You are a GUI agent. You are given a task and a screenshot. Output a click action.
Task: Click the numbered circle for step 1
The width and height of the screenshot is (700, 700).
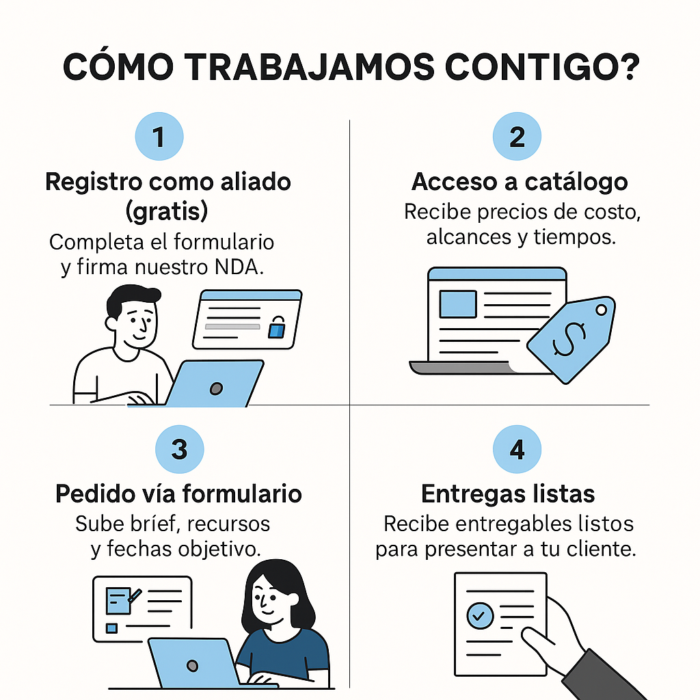click(159, 137)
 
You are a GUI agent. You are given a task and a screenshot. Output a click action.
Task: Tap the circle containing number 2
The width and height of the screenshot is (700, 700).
click(517, 137)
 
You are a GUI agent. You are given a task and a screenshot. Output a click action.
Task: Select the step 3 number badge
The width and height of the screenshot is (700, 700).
click(179, 450)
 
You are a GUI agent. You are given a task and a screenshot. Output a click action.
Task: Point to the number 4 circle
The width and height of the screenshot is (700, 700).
click(517, 450)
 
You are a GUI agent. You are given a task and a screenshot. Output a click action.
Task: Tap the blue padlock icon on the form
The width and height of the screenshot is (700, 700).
click(275, 329)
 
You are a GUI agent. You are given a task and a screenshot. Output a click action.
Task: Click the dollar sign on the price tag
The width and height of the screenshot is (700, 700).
click(569, 338)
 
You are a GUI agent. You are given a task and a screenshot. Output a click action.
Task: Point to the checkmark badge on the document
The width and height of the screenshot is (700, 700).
click(479, 616)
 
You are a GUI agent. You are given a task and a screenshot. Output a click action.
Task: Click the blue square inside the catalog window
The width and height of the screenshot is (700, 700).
click(457, 304)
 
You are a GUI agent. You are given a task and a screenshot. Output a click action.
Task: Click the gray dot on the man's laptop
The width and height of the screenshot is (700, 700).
click(216, 388)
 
